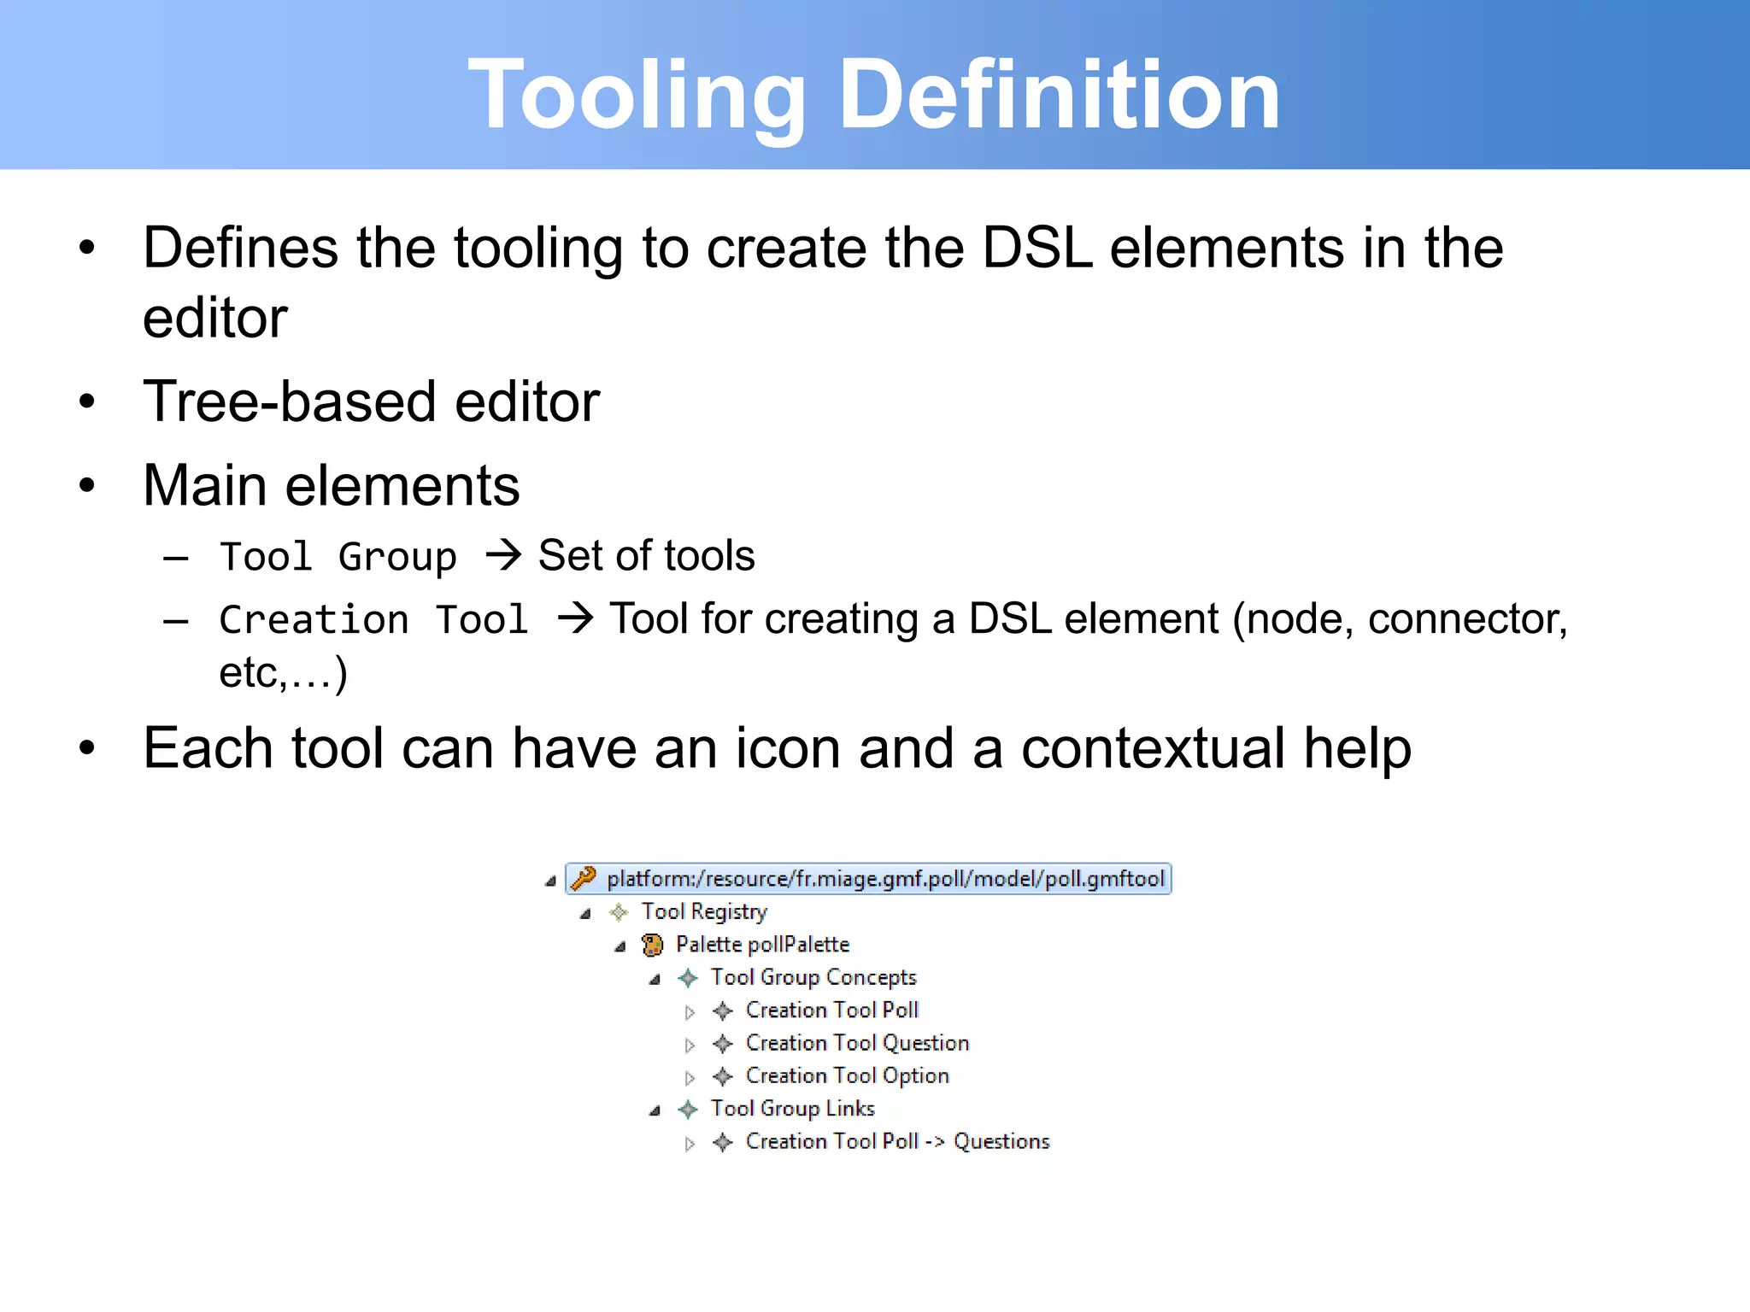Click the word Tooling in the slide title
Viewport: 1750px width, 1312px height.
point(637,96)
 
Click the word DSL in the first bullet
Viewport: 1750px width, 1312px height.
point(1036,249)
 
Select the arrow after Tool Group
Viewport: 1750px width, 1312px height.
point(503,556)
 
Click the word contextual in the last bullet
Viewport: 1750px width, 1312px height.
point(1153,749)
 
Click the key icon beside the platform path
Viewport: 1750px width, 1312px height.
point(584,878)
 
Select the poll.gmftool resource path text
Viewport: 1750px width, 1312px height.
point(885,879)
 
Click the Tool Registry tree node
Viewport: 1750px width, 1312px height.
point(704,912)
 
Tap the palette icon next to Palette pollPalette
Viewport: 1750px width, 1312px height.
point(652,945)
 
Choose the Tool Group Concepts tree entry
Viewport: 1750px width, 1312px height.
point(813,977)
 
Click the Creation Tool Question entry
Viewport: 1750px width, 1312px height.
point(856,1043)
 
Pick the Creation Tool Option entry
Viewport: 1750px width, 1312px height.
point(847,1076)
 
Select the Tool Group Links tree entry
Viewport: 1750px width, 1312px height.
point(792,1109)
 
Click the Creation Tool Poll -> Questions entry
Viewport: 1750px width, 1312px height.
point(896,1142)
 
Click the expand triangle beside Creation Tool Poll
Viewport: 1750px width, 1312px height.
point(690,1012)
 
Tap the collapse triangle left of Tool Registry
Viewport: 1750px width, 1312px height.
point(585,914)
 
